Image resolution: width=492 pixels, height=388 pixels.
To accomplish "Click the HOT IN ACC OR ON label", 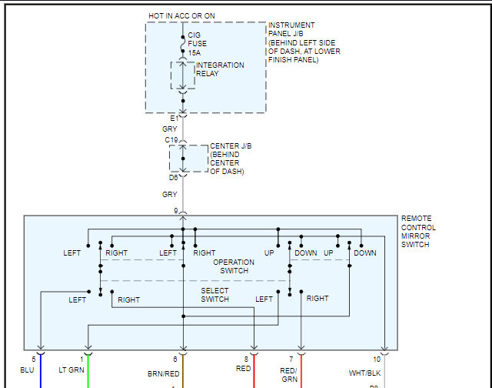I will pos(183,16).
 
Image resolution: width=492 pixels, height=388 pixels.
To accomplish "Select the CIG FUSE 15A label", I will pos(199,44).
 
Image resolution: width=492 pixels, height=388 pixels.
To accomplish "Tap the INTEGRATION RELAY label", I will pos(220,69).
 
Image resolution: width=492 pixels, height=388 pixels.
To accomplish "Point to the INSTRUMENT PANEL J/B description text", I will pos(304,43).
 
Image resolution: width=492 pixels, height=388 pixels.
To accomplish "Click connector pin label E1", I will pos(175,119).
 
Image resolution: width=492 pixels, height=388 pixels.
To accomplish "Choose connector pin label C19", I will pos(171,140).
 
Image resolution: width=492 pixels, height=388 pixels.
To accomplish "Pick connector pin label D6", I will pos(174,178).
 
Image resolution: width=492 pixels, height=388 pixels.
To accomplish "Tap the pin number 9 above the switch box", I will pos(175,210).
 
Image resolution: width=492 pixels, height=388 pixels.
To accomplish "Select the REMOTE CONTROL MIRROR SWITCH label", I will pos(418,232).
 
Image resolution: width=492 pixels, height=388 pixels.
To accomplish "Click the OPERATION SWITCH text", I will pos(234,266).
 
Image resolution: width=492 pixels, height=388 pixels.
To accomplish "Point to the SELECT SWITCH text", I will pos(214,295).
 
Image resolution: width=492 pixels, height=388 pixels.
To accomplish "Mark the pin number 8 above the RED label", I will pos(247,359).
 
